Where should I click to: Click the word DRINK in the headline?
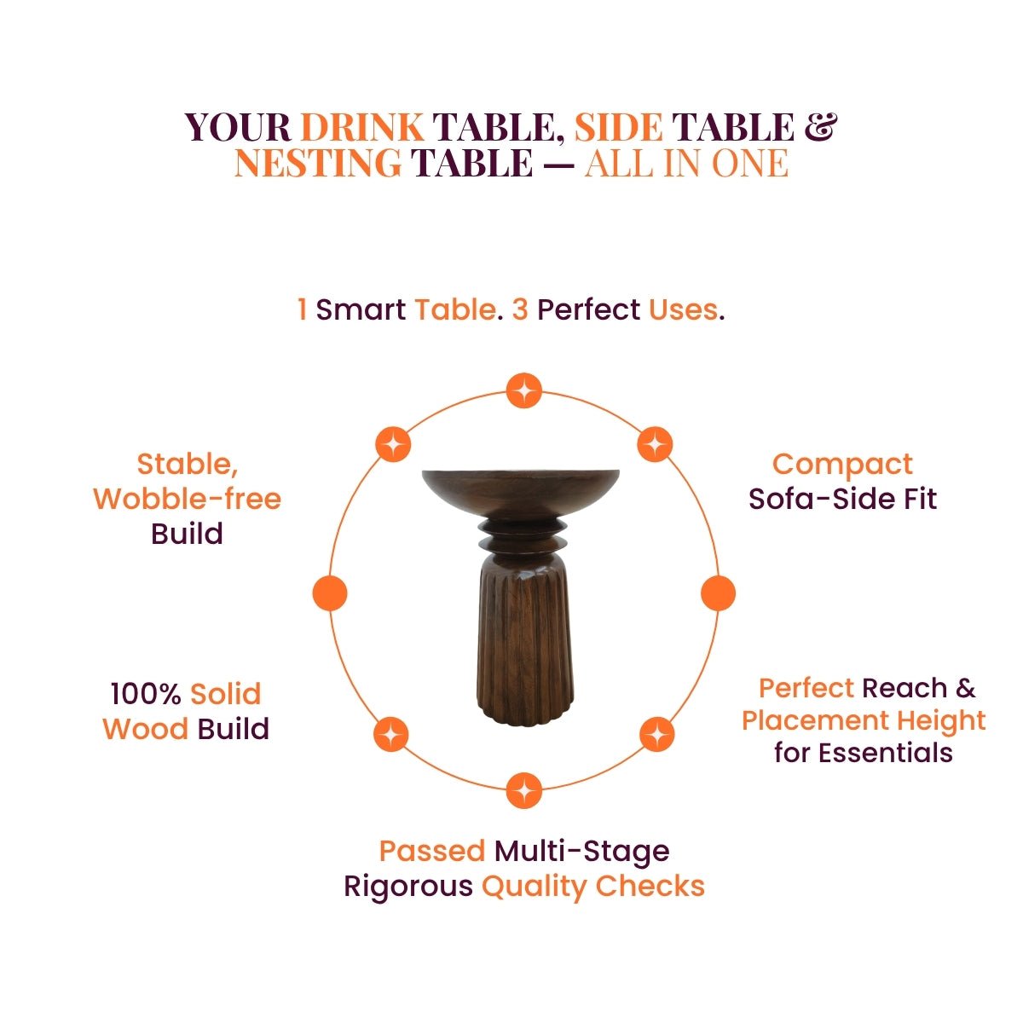pyautogui.click(x=362, y=127)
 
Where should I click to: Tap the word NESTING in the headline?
pyautogui.click(x=318, y=163)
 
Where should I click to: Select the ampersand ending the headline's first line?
pyautogui.click(x=821, y=127)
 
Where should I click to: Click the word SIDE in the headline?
pyautogui.click(x=618, y=127)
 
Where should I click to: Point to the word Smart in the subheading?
pyautogui.click(x=361, y=309)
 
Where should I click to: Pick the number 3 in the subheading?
pyautogui.click(x=520, y=309)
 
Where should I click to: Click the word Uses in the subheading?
pyautogui.click(x=683, y=309)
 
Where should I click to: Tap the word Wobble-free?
pyautogui.click(x=188, y=499)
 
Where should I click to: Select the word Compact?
pyautogui.click(x=842, y=465)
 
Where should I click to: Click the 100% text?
pyautogui.click(x=146, y=694)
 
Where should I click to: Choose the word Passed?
pyautogui.click(x=432, y=851)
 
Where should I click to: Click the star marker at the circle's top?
pyautogui.click(x=523, y=390)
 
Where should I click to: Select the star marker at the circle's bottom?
pyautogui.click(x=524, y=790)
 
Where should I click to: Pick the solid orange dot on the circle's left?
pyautogui.click(x=330, y=593)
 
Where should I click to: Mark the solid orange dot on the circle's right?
pyautogui.click(x=719, y=593)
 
